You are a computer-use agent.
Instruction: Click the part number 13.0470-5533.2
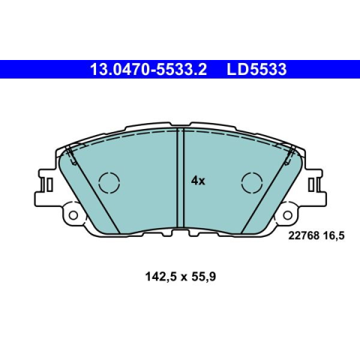[148, 69]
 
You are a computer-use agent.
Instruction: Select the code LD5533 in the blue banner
[256, 69]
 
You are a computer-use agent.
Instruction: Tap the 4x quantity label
[198, 181]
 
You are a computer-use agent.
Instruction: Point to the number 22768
[304, 235]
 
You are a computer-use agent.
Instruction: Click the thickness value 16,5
[334, 235]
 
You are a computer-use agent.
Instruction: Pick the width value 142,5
[161, 277]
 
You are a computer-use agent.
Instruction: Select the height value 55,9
[202, 277]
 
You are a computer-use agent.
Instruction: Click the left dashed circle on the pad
[109, 182]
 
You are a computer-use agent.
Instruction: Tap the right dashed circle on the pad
[252, 182]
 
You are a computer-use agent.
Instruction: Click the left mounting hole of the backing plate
[73, 215]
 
